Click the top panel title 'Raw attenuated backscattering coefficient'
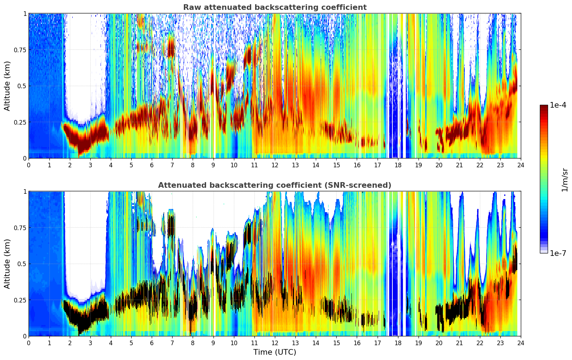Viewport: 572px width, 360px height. pyautogui.click(x=275, y=7)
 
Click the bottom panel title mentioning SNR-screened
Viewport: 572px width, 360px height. pyautogui.click(x=275, y=185)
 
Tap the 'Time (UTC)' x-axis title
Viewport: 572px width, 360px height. pyautogui.click(x=275, y=352)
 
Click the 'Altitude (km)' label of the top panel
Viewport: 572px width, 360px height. pyautogui.click(x=7, y=86)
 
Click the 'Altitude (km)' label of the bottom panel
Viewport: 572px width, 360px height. pyautogui.click(x=7, y=264)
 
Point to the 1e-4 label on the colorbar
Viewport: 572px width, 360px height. pyautogui.click(x=558, y=105)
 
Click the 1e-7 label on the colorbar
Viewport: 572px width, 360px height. pyautogui.click(x=558, y=253)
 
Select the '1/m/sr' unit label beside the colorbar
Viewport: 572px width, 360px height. pyautogui.click(x=565, y=180)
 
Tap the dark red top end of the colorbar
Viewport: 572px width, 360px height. pyautogui.click(x=544, y=106)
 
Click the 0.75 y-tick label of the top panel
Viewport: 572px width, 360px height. pyautogui.click(x=20, y=50)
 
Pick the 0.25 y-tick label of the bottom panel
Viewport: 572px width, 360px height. pyautogui.click(x=20, y=300)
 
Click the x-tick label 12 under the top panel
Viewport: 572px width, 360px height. pyautogui.click(x=275, y=165)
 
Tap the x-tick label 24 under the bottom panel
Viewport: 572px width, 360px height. pyautogui.click(x=521, y=343)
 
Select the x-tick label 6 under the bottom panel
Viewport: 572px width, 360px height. pyautogui.click(x=152, y=343)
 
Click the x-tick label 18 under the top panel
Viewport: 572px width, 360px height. pyautogui.click(x=398, y=165)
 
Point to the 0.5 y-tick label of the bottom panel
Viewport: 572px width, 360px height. pyautogui.click(x=22, y=264)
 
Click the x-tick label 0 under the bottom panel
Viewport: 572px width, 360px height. pyautogui.click(x=29, y=343)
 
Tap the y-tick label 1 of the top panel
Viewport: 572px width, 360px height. pyautogui.click(x=25, y=13)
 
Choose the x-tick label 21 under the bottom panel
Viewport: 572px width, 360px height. pyautogui.click(x=459, y=343)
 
